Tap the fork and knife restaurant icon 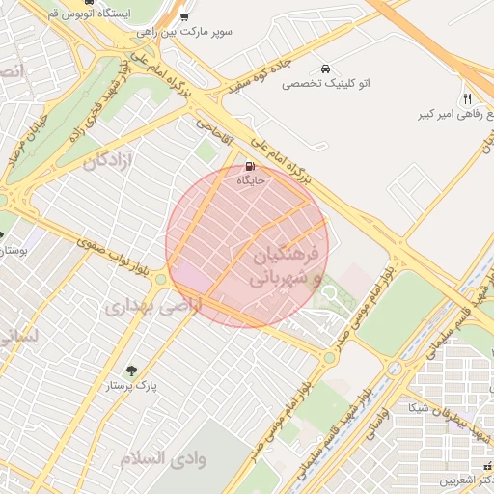coord(468,98)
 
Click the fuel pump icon coord(251,165)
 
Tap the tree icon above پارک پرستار coord(131,370)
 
